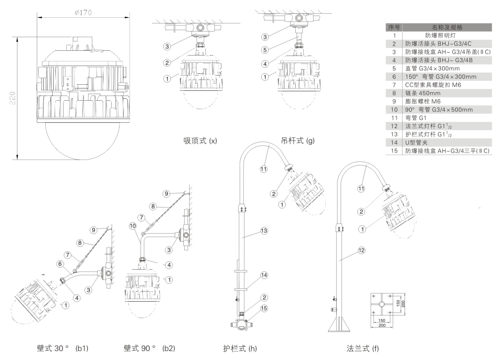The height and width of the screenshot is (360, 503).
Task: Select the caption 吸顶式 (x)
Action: coord(200,141)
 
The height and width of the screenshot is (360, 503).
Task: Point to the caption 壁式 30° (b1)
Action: coord(63,349)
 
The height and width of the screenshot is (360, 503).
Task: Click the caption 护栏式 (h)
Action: coord(240,349)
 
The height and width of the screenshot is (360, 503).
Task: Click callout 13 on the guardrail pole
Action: coord(265,231)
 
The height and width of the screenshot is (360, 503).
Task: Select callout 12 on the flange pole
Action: coord(361,251)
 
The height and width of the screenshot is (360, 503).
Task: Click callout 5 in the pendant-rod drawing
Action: coord(265,49)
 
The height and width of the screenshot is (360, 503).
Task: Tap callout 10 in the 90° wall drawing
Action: coord(133,225)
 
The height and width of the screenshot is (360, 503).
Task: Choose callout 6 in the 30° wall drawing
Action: coord(60,264)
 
